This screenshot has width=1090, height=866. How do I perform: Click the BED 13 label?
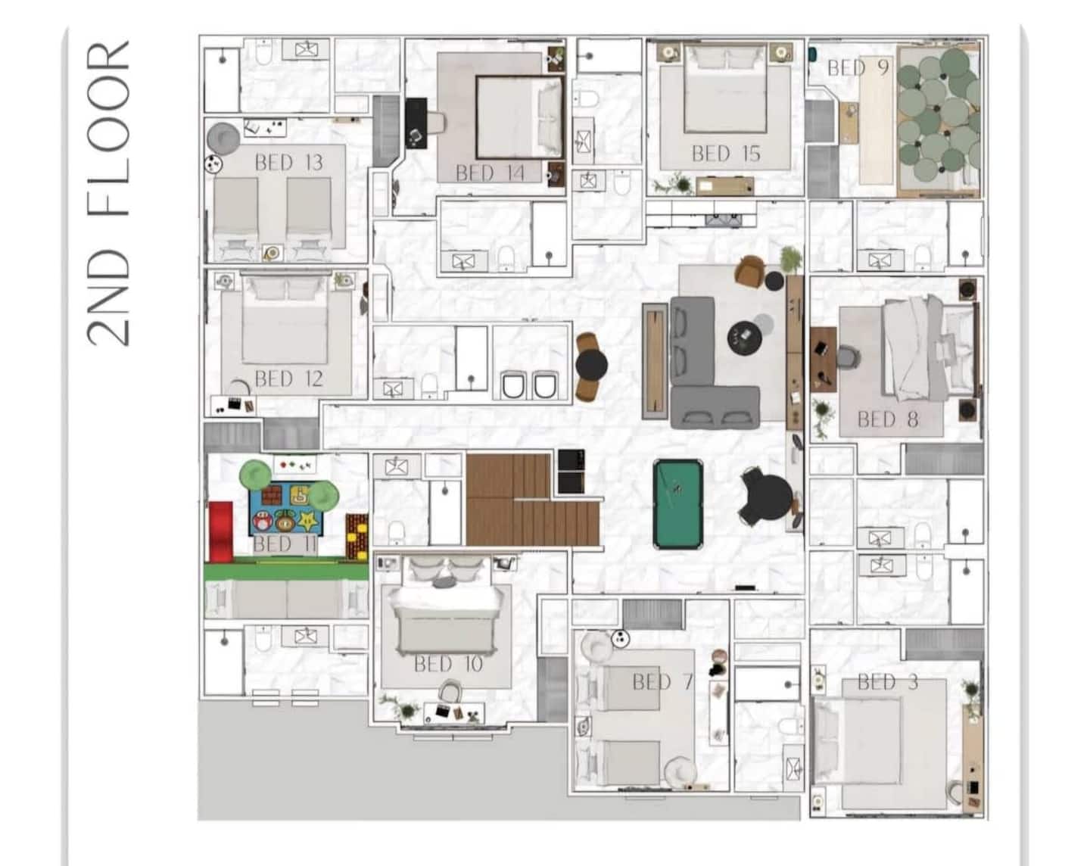pyautogui.click(x=288, y=162)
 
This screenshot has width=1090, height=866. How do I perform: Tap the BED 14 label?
pyautogui.click(x=490, y=173)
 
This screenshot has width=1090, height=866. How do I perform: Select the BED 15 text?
pyautogui.click(x=727, y=154)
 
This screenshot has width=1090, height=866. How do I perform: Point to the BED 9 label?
pyautogui.click(x=858, y=67)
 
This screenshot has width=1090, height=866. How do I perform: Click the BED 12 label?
pyautogui.click(x=288, y=378)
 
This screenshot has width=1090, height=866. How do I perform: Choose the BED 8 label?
pyautogui.click(x=888, y=419)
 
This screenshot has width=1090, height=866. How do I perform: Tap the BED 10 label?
pyautogui.click(x=448, y=664)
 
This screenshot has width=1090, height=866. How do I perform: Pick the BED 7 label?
pyautogui.click(x=663, y=681)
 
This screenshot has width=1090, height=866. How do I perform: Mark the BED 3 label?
pyautogui.click(x=888, y=682)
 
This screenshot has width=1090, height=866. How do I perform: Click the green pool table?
pyautogui.click(x=678, y=504)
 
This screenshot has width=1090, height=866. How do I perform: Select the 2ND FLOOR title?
pyautogui.click(x=108, y=193)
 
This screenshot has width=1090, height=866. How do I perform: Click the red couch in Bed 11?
pyautogui.click(x=221, y=532)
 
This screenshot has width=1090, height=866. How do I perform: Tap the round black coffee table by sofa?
pyautogui.click(x=744, y=338)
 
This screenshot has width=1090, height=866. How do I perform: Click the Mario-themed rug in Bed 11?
pyautogui.click(x=286, y=508)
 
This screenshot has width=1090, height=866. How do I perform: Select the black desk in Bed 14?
pyautogui.click(x=416, y=123)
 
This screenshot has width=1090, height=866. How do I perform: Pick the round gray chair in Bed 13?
pyautogui.click(x=223, y=139)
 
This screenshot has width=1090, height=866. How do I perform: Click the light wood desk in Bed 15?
pyautogui.click(x=724, y=186)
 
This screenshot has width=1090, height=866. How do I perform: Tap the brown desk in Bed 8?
pyautogui.click(x=823, y=360)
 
